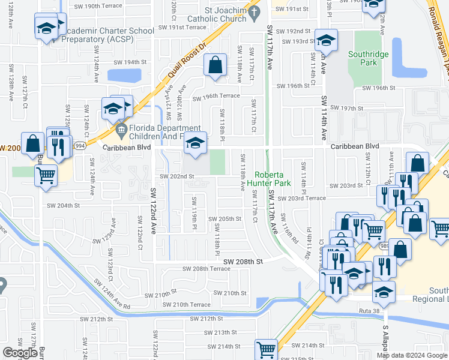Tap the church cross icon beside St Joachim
(254, 11)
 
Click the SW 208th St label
(244, 262)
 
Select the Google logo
(20, 353)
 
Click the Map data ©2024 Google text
(411, 355)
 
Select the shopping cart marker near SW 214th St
(266, 348)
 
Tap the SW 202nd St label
(176, 176)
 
